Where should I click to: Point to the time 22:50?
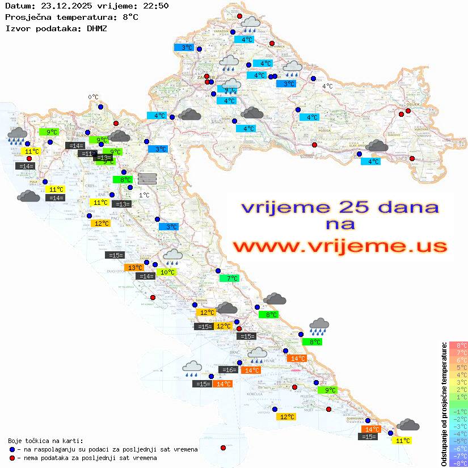pos(156,6)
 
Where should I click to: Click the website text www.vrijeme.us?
pos(339,246)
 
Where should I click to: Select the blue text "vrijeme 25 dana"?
pos(339,207)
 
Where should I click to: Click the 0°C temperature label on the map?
pos(93,97)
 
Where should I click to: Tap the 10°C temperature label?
pos(167,272)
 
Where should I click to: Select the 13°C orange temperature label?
pos(134,268)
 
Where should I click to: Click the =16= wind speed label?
pos(229,370)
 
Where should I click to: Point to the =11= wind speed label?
pos(87,154)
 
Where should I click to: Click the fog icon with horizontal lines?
pos(147,178)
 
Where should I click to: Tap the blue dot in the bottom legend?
pos(12,449)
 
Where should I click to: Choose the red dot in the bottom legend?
pos(12,458)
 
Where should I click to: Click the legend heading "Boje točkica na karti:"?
pos(45,440)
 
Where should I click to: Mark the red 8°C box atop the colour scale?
pos(458,345)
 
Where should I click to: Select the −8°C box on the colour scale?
pos(458,463)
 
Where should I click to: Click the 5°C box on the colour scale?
pos(458,368)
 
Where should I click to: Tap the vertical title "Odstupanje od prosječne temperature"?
pos(444,404)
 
